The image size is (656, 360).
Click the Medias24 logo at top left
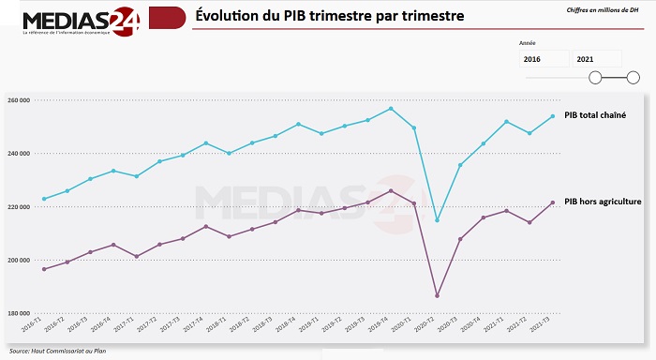point(80,21)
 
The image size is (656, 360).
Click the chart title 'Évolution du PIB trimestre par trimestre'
point(329,17)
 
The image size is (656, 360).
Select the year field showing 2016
point(544,59)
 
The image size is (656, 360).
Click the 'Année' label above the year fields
point(528,43)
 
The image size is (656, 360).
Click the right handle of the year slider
point(620,78)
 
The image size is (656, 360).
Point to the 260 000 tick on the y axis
point(19,100)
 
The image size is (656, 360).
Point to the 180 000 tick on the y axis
point(19,313)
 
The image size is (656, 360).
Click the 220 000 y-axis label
point(19,206)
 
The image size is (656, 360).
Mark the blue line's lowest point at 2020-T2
point(437,220)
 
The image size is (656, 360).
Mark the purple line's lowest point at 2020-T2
point(437,296)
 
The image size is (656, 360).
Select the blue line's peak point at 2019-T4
point(391,109)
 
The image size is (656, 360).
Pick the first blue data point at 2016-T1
point(44,199)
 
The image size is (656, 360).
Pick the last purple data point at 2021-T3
point(552,202)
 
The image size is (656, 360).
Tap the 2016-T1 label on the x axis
point(32,329)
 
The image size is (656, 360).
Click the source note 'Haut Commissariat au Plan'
point(52,352)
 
